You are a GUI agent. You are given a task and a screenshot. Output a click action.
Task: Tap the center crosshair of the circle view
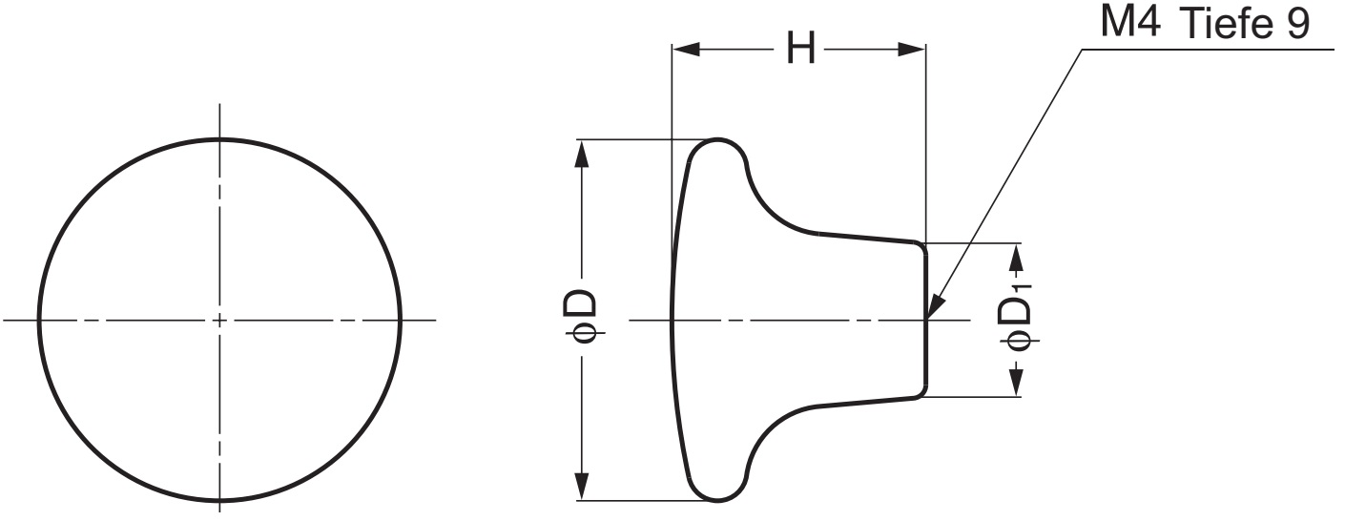pos(220,319)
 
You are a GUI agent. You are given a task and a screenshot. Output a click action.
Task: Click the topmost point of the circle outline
pos(220,138)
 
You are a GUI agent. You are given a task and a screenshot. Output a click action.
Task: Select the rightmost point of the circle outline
pos(401,319)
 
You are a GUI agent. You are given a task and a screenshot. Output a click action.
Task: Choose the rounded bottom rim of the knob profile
pos(717,496)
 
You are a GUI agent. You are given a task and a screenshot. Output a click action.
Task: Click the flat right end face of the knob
pos(925,319)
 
